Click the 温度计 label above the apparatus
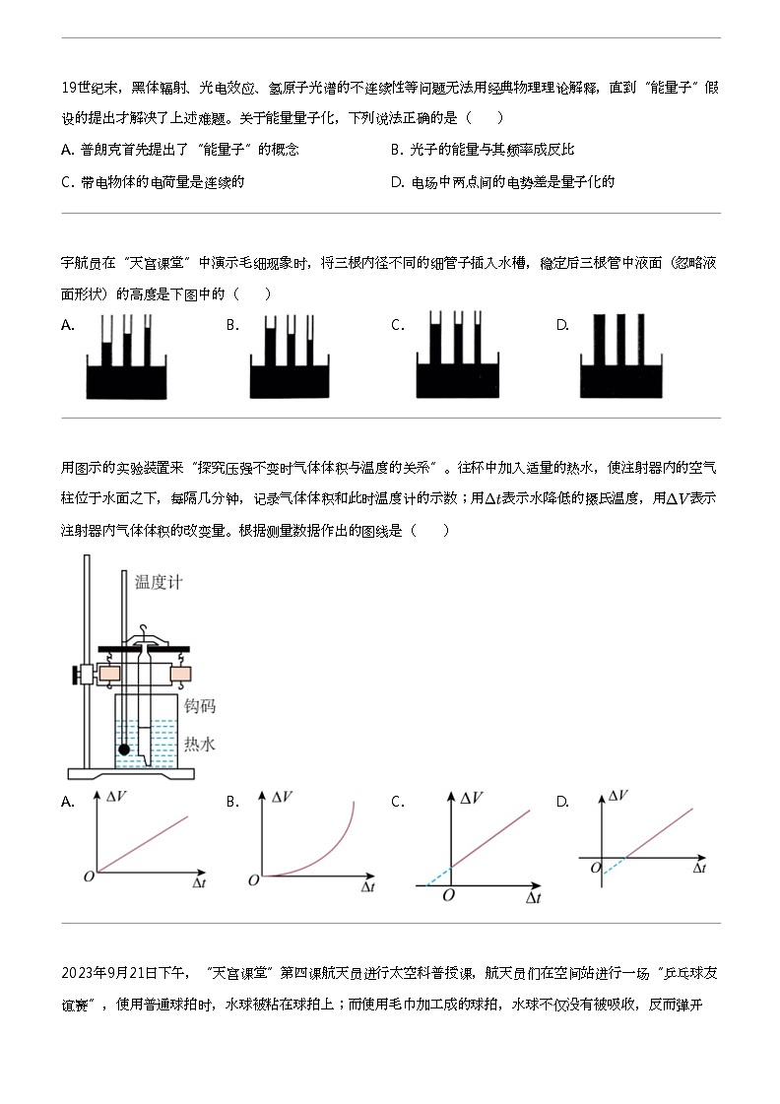pyautogui.click(x=160, y=582)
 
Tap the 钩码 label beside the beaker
pyautogui.click(x=200, y=707)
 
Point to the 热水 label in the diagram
pyautogui.click(x=200, y=745)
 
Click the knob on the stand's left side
pyautogui.click(x=75, y=675)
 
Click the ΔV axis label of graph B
pyautogui.click(x=283, y=796)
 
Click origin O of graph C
pyautogui.click(x=448, y=895)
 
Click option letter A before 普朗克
pyautogui.click(x=67, y=150)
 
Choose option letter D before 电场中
pyautogui.click(x=397, y=181)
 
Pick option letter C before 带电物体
pyautogui.click(x=67, y=181)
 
